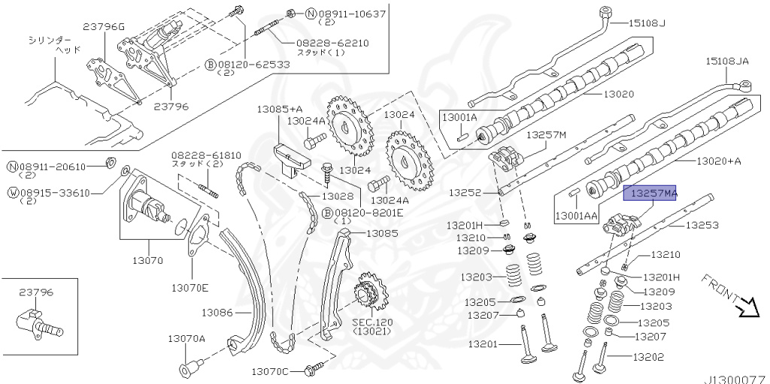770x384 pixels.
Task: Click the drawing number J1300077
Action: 734,379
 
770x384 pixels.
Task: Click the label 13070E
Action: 189,287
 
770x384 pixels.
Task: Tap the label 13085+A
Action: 279,109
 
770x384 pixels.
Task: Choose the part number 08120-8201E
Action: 368,213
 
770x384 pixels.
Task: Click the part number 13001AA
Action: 577,216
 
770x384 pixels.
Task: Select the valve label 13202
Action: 649,357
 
